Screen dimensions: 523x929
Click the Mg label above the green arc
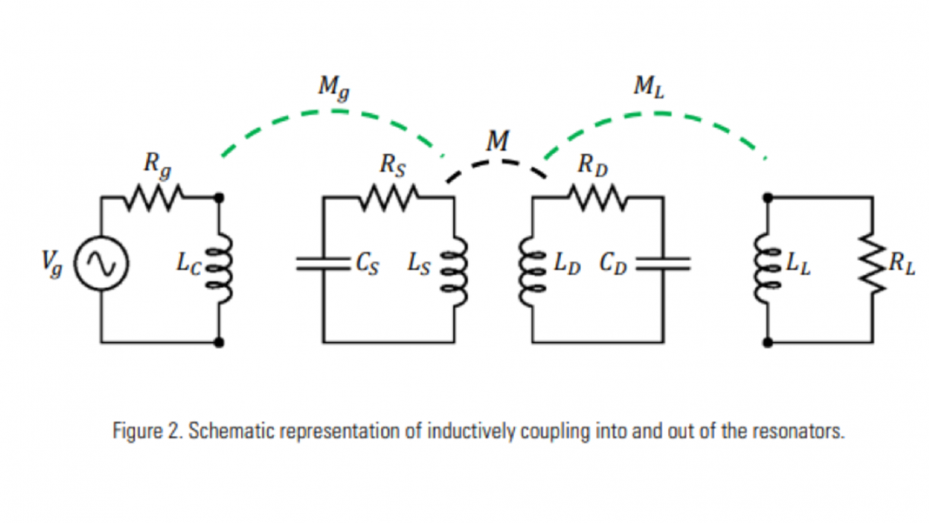(x=333, y=87)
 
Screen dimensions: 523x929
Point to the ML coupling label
(x=649, y=87)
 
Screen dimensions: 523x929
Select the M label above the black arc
(x=498, y=141)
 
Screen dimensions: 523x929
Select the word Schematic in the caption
(x=224, y=431)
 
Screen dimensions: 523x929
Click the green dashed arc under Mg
(x=335, y=113)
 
